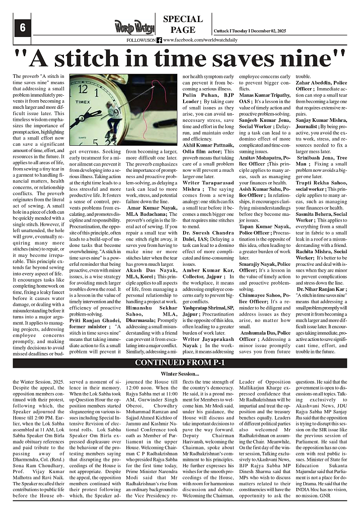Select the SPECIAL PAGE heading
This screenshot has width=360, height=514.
[183, 25]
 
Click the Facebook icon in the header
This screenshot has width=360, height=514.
[159, 40]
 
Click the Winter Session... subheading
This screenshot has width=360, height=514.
[180, 374]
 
